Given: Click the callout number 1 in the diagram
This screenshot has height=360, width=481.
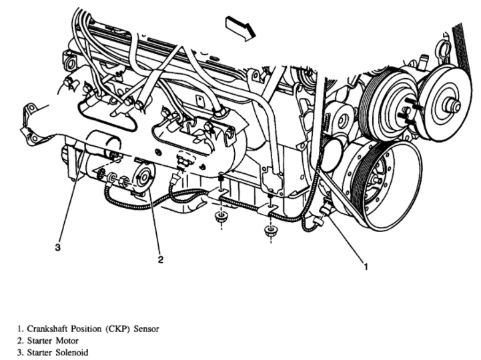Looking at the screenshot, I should [x=365, y=267].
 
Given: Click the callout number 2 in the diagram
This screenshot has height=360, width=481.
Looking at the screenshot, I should [x=160, y=259].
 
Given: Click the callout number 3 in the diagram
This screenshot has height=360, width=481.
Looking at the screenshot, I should [x=58, y=247].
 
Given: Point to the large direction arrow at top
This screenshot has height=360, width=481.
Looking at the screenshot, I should [x=240, y=29].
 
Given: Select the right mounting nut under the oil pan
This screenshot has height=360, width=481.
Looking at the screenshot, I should [x=270, y=232].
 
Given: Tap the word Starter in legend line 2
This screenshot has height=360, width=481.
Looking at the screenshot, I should [x=39, y=340].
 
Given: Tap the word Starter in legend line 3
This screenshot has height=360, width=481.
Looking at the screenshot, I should [x=39, y=351].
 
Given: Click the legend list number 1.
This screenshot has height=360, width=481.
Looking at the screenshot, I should [x=19, y=328].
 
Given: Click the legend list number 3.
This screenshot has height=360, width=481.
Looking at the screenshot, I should [x=19, y=351].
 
